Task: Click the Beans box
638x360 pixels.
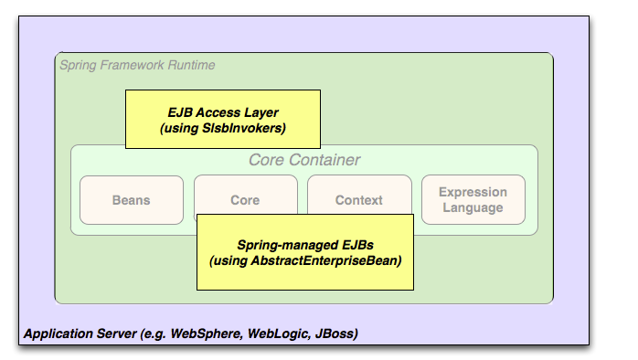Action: [x=131, y=199]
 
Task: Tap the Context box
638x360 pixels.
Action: [x=358, y=199]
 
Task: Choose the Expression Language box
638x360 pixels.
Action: [x=473, y=199]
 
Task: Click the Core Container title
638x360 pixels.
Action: [x=304, y=161]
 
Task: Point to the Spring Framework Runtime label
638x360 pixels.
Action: [x=137, y=66]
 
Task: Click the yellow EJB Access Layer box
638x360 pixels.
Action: [x=223, y=119]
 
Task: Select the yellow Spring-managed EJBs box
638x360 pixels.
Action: [x=305, y=252]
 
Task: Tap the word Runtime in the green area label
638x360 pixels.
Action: [x=190, y=66]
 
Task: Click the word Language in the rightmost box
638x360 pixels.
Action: [x=473, y=207]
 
